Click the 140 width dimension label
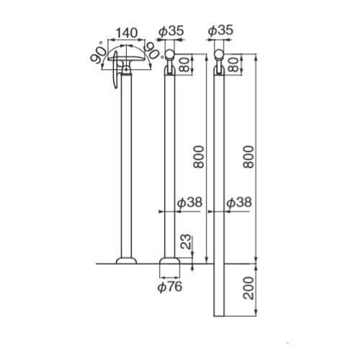point(127,33)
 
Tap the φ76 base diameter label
point(170,287)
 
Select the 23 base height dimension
point(186,242)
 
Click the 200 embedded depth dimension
point(248,288)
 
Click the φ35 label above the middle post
point(171,31)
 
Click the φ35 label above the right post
point(220,30)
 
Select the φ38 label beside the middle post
point(189,202)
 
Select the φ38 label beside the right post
point(239,202)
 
